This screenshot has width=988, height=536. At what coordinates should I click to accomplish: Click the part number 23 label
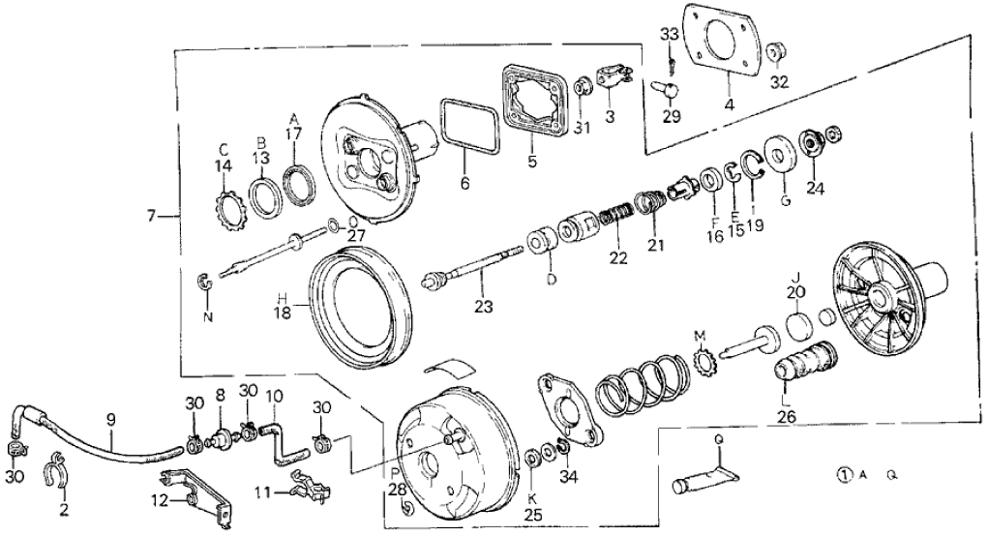click(x=483, y=307)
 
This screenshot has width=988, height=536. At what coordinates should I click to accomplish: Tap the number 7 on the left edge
click(x=151, y=216)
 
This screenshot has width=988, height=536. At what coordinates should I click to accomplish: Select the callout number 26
click(x=787, y=416)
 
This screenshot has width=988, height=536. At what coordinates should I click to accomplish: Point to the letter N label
click(x=207, y=316)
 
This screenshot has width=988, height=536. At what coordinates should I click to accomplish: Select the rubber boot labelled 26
click(x=806, y=361)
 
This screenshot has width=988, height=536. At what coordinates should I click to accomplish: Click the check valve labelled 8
click(x=221, y=437)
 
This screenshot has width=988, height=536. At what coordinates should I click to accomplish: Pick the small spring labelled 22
click(x=614, y=220)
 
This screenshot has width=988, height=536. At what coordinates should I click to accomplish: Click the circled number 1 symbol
click(x=845, y=474)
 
